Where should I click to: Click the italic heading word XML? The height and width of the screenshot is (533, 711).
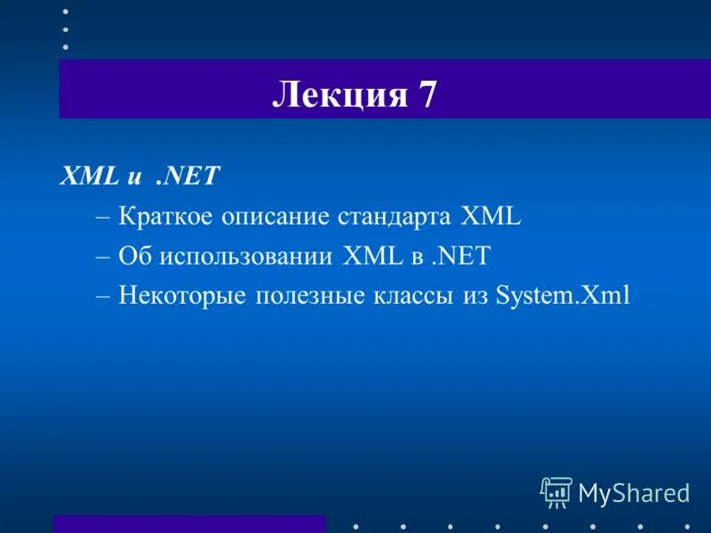pos(89,175)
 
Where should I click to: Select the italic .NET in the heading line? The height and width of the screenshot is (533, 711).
pos(187,175)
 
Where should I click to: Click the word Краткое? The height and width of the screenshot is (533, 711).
pos(165,216)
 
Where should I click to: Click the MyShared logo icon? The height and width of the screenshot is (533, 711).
pos(556,491)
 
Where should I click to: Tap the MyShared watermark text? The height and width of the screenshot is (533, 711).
pos(634,492)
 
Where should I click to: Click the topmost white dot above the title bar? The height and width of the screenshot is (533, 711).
pos(65,12)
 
